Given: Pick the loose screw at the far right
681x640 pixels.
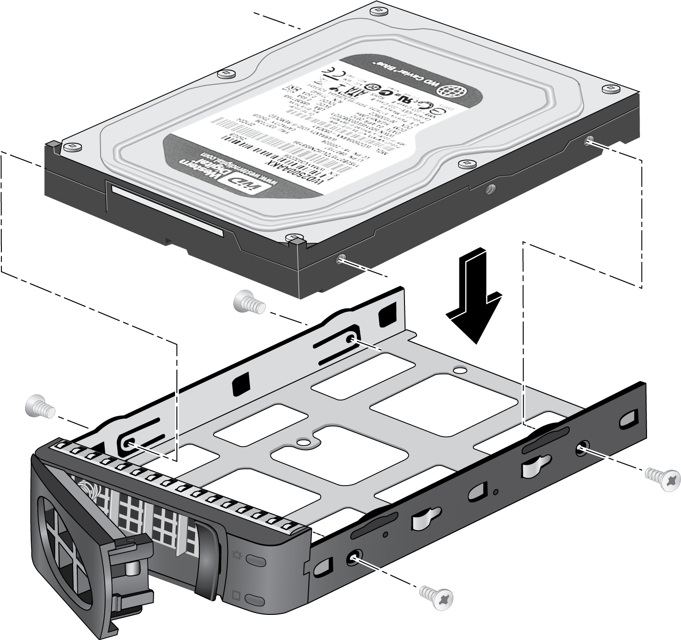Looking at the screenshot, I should [x=663, y=479].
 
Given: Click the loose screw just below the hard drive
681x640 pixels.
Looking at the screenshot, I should [x=249, y=303].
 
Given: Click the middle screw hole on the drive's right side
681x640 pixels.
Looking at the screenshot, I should [x=489, y=189].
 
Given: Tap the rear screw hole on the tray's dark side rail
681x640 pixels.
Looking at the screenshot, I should [x=582, y=448].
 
